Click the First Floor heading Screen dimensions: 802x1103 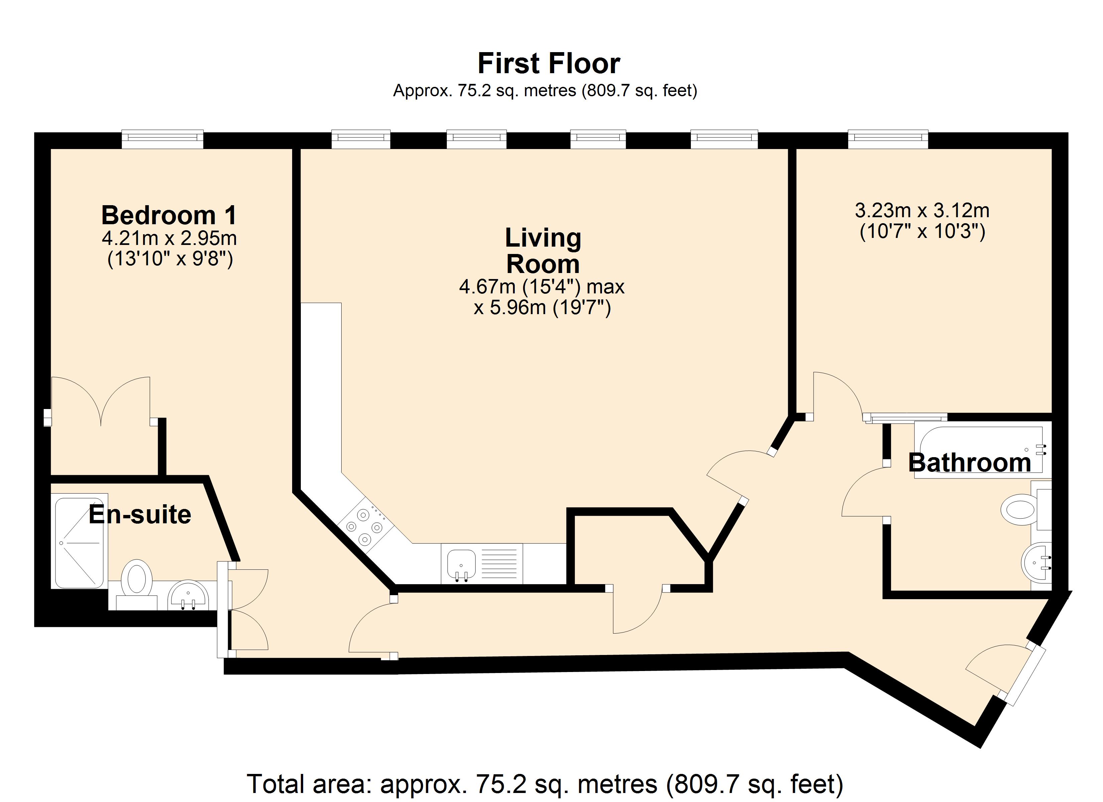(548, 64)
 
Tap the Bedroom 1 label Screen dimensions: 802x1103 (169, 215)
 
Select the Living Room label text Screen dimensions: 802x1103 (543, 251)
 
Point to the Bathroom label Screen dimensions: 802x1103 (969, 462)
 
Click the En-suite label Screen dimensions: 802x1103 (140, 515)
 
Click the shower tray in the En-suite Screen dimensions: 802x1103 (79, 542)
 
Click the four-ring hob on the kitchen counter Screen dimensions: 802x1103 (365, 527)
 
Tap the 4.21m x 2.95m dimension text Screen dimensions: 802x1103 (169, 238)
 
